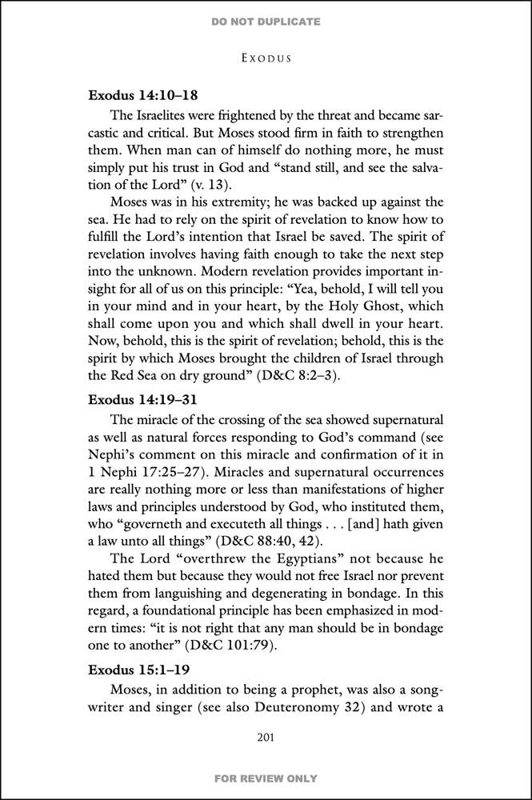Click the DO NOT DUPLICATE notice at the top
[266, 22]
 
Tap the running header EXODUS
[266, 58]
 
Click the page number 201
[266, 737]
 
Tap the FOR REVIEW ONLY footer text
[266, 778]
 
